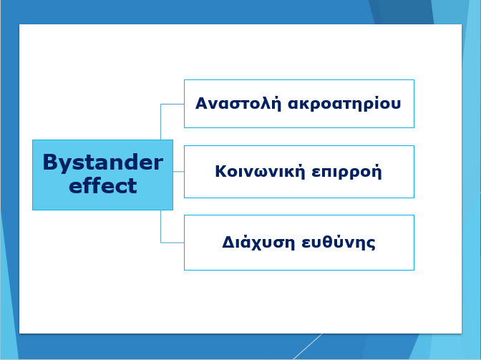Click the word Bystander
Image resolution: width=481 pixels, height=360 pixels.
point(103,163)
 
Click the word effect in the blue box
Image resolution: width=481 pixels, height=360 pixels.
point(103,185)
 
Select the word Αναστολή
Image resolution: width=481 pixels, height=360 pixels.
point(238,103)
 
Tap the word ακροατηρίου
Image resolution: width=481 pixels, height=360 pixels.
point(344,104)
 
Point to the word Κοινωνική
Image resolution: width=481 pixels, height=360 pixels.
point(260,172)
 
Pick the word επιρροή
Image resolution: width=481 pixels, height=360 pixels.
point(346,172)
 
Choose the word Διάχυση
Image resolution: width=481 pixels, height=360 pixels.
point(258,242)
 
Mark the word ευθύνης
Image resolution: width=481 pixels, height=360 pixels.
point(339,242)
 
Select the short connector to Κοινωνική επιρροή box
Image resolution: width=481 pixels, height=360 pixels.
point(178,172)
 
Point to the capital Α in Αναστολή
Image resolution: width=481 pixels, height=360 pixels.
point(202,103)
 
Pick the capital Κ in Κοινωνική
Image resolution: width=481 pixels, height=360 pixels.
point(221,171)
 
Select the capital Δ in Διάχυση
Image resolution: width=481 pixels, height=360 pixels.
point(228,242)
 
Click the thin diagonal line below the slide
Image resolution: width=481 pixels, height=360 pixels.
point(308,346)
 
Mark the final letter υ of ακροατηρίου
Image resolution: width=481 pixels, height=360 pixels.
point(396,104)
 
